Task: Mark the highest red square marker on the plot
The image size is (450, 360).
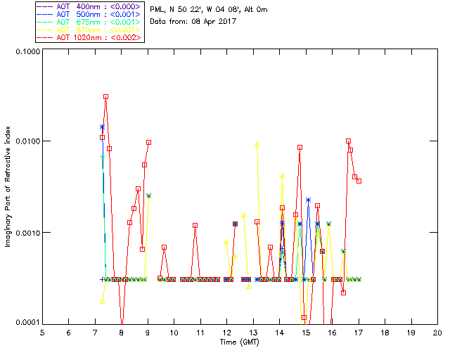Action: tap(105, 97)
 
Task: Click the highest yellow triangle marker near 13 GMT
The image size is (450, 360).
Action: tap(257, 144)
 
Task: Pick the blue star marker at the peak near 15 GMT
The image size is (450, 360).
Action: tap(308, 200)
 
